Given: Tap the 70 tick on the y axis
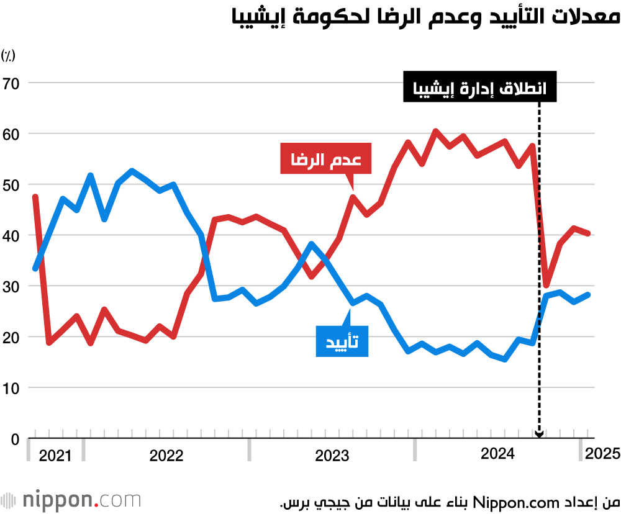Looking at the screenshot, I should pyautogui.click(x=11, y=83).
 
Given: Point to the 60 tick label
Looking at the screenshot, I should pyautogui.click(x=11, y=134).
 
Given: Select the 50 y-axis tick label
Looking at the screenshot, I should pyautogui.click(x=11, y=185).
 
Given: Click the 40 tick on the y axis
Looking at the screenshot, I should pyautogui.click(x=11, y=236).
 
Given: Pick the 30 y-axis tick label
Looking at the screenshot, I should pyautogui.click(x=11, y=287).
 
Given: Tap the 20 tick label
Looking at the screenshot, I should pyautogui.click(x=11, y=338).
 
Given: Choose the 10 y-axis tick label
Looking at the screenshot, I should pyautogui.click(x=11, y=389).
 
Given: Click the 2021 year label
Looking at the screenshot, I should pyautogui.click(x=55, y=456).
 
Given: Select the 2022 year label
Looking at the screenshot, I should pyautogui.click(x=166, y=456).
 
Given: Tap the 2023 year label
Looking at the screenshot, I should pyautogui.click(x=332, y=456).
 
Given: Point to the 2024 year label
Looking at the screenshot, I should pyautogui.click(x=498, y=454).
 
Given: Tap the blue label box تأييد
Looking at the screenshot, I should pyautogui.click(x=342, y=340).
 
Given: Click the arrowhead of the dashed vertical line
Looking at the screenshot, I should pyautogui.click(x=539, y=435).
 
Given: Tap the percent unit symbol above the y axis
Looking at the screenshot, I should pyautogui.click(x=8, y=56).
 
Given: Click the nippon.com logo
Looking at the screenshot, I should pyautogui.click(x=71, y=500).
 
